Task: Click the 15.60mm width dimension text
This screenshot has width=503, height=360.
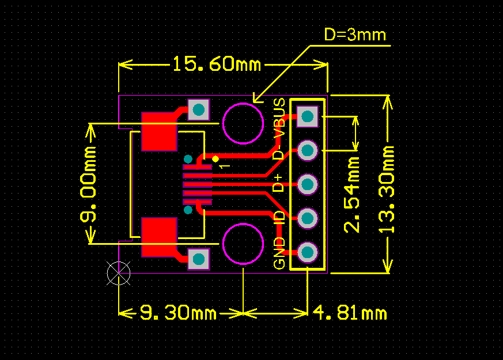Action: [217, 64]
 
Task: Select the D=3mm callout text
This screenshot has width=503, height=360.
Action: [354, 35]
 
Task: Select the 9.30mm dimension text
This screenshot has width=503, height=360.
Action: [178, 313]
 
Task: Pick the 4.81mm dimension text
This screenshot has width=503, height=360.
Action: [350, 313]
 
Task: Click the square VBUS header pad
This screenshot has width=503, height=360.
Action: [308, 116]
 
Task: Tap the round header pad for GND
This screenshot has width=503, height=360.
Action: [308, 252]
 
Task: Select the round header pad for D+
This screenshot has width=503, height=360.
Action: [308, 184]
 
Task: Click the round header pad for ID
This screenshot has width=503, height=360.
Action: [308, 218]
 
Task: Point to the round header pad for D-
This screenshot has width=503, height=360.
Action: [308, 150]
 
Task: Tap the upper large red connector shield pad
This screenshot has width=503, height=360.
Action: [159, 131]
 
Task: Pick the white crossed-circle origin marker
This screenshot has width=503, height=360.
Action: [119, 273]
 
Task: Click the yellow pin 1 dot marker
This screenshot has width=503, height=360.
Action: [215, 158]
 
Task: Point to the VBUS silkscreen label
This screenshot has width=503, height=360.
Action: [279, 119]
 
